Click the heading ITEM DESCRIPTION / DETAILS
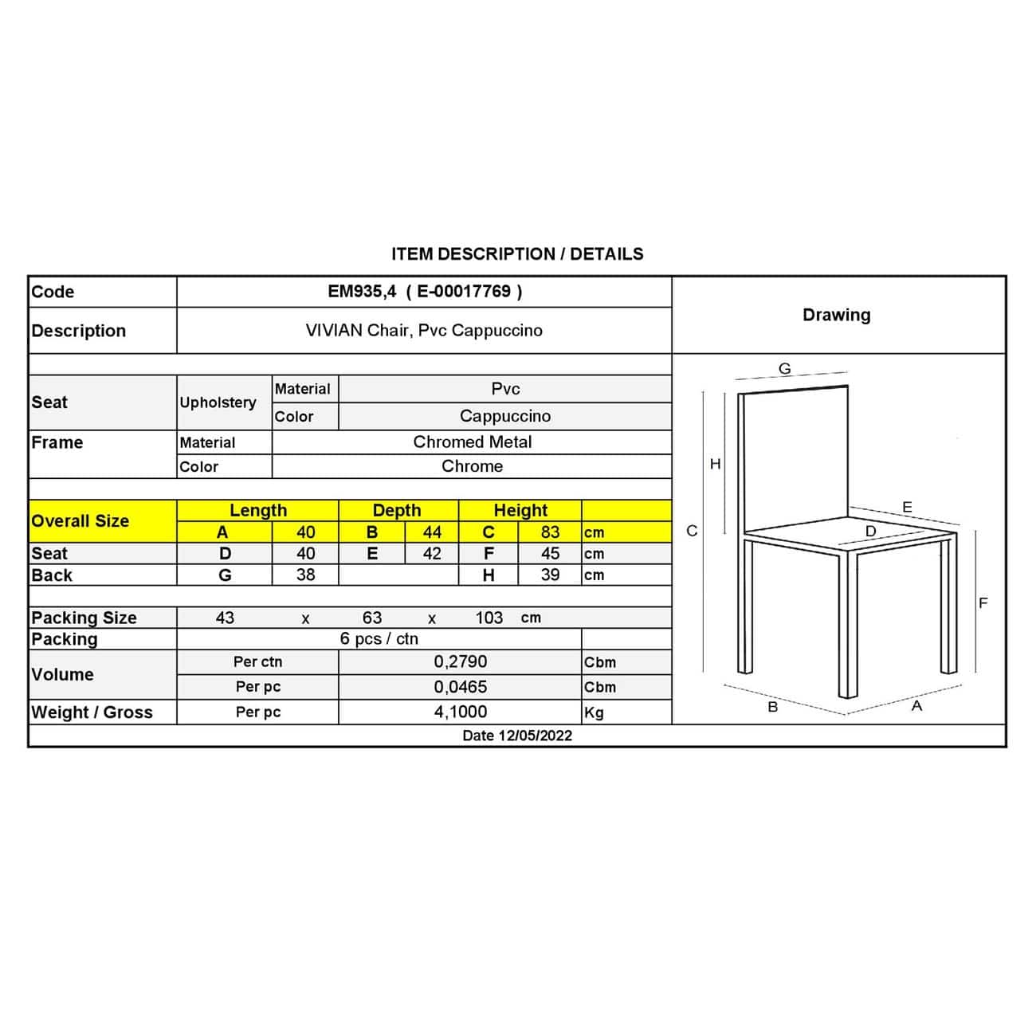pyautogui.click(x=517, y=254)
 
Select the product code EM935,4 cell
pyautogui.click(x=425, y=292)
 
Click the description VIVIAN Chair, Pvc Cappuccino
pyautogui.click(x=424, y=331)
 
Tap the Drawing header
pyautogui.click(x=836, y=315)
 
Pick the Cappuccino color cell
pyautogui.click(x=504, y=416)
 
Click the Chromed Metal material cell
pyautogui.click(x=472, y=442)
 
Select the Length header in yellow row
pyautogui.click(x=257, y=510)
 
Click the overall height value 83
pyautogui.click(x=550, y=532)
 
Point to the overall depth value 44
pyautogui.click(x=432, y=532)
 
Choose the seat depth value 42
pyautogui.click(x=432, y=554)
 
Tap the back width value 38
pyautogui.click(x=305, y=575)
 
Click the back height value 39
pyautogui.click(x=550, y=575)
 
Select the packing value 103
pyautogui.click(x=489, y=618)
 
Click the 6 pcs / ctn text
pyautogui.click(x=379, y=639)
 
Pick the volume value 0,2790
pyautogui.click(x=460, y=662)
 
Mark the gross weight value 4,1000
pyautogui.click(x=460, y=712)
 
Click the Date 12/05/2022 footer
pyautogui.click(x=517, y=736)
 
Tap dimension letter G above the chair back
pyautogui.click(x=785, y=369)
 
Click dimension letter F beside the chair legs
pyautogui.click(x=983, y=603)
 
